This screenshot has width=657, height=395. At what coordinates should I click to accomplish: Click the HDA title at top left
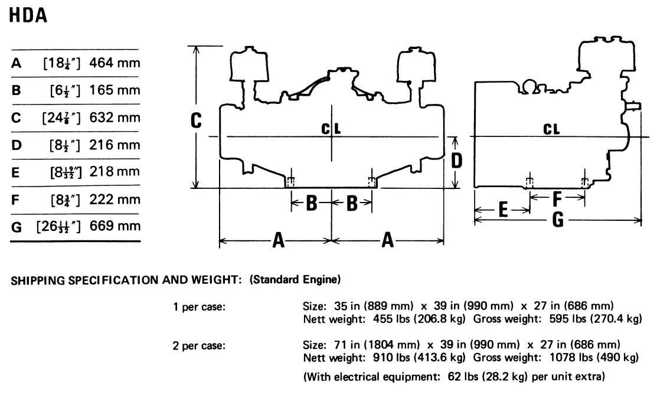pyautogui.click(x=28, y=15)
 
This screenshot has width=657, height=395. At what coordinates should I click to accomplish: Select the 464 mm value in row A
pyautogui.click(x=115, y=63)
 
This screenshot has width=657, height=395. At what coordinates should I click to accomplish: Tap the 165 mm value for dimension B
pyautogui.click(x=115, y=90)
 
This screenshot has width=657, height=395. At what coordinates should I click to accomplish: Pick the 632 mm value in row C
pyautogui.click(x=115, y=117)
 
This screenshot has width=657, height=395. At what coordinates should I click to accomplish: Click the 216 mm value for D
pyautogui.click(x=115, y=145)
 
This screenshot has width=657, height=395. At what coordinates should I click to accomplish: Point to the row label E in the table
pyautogui.click(x=15, y=172)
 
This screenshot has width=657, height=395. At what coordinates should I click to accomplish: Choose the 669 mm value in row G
pyautogui.click(x=115, y=226)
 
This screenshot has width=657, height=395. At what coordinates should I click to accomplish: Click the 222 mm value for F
pyautogui.click(x=115, y=199)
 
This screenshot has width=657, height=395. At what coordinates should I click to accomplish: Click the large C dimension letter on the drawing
pyautogui.click(x=196, y=121)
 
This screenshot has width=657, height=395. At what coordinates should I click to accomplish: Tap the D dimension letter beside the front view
pyautogui.click(x=456, y=161)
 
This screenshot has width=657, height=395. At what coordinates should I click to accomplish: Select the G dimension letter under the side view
pyautogui.click(x=558, y=220)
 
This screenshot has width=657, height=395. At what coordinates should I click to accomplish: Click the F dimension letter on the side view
pyautogui.click(x=557, y=200)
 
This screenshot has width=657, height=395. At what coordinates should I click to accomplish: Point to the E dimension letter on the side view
pyautogui.click(x=503, y=210)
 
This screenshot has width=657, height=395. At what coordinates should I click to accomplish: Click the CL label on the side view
pyautogui.click(x=551, y=129)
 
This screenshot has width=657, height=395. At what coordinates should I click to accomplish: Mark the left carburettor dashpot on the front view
pyautogui.click(x=249, y=63)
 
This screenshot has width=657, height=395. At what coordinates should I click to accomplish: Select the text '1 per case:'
pyautogui.click(x=199, y=307)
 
